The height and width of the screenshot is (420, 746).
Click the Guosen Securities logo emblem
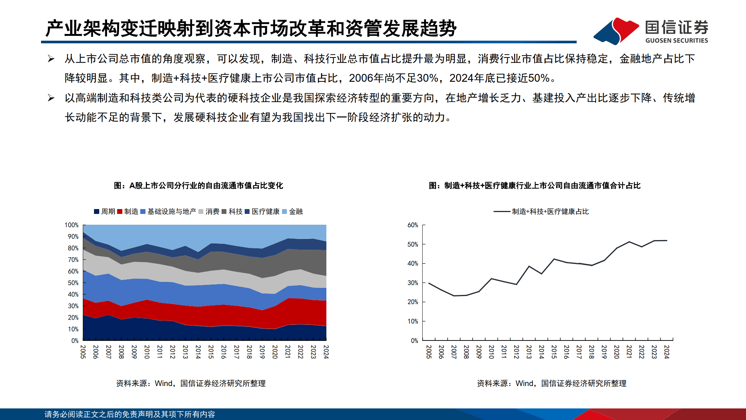point(616,31)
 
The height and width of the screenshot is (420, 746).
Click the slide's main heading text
point(251,28)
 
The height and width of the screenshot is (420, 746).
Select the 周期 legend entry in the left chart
point(104,212)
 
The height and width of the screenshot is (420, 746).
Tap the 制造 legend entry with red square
point(128,212)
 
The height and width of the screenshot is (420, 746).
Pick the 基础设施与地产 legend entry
point(168,212)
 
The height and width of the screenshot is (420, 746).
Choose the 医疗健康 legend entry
point(262,212)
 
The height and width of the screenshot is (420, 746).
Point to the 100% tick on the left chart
point(72,225)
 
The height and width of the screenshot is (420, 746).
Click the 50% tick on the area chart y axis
point(73,283)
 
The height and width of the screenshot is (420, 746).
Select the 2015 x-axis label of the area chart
point(211,352)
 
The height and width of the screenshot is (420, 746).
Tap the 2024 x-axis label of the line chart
point(667,352)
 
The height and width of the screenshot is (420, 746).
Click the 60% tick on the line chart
point(413,225)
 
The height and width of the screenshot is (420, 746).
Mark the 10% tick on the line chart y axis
point(413,321)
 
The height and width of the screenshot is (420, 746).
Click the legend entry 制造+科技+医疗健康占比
point(541,212)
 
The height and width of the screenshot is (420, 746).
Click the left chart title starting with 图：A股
point(198,186)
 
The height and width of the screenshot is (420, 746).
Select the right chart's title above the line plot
point(535,186)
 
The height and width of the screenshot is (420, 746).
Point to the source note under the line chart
point(551,383)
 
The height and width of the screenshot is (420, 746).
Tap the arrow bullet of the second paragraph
point(51,98)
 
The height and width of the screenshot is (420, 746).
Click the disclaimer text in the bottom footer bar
point(130,414)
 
